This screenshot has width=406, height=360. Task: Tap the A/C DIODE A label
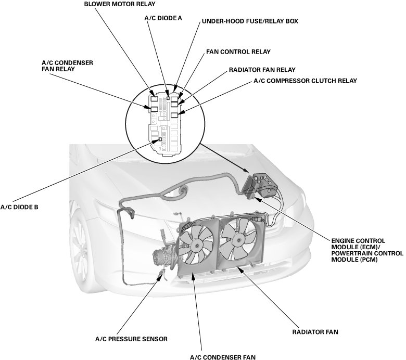[163, 18]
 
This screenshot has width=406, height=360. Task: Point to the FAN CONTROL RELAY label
[238, 52]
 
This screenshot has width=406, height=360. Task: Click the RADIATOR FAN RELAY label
[262, 70]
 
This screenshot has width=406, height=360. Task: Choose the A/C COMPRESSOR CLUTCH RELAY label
[305, 81]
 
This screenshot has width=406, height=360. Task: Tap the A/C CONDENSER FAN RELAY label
[67, 66]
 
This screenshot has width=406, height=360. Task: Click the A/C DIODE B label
[19, 207]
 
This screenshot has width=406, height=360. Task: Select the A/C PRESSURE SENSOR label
[131, 339]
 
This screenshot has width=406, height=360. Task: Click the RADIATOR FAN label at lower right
[315, 330]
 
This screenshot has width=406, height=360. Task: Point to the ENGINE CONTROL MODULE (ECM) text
[358, 240]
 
